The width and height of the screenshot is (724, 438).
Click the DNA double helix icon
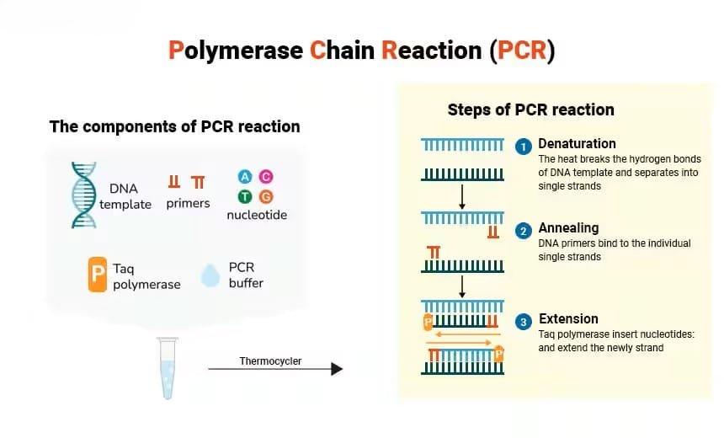tap(83, 195)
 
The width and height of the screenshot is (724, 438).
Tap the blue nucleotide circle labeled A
tap(245, 176)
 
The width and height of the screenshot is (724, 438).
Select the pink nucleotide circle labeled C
tap(266, 176)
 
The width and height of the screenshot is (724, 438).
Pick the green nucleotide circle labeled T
tap(245, 196)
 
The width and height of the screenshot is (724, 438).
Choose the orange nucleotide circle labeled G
tap(266, 196)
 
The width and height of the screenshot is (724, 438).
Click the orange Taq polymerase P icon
tap(98, 275)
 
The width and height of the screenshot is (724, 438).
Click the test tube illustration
tap(168, 368)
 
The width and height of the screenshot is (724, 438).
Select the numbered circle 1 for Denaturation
tap(524, 147)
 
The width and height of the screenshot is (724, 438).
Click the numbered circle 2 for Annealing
tap(524, 230)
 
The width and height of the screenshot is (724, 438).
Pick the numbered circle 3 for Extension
tap(524, 322)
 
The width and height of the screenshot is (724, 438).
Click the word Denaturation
tap(577, 143)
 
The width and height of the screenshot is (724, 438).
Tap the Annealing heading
tap(568, 227)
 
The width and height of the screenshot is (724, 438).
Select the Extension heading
tap(568, 318)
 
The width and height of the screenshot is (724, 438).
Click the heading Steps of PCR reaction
tap(530, 109)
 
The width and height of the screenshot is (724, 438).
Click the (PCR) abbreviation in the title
tap(522, 50)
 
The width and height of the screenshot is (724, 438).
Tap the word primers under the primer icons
tap(188, 203)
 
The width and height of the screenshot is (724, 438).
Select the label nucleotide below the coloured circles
tap(257, 215)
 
